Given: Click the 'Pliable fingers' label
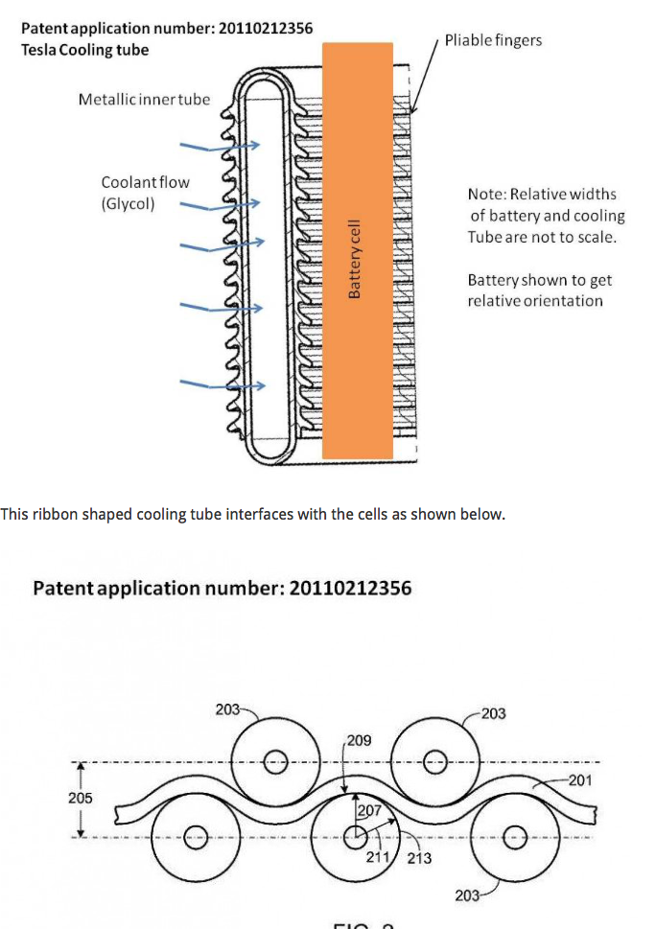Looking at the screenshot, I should pyautogui.click(x=493, y=39).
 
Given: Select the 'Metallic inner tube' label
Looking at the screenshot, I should pyautogui.click(x=144, y=99).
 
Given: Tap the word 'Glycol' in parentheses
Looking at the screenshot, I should pyautogui.click(x=129, y=203).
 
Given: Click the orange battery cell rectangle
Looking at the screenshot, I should pyautogui.click(x=357, y=250).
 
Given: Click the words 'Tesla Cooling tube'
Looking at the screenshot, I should pyautogui.click(x=84, y=49).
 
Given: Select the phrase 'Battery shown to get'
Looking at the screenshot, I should pyautogui.click(x=539, y=280).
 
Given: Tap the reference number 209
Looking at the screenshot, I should pyautogui.click(x=359, y=741).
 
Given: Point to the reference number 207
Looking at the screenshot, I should pyautogui.click(x=369, y=811).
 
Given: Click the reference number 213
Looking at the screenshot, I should pyautogui.click(x=419, y=858).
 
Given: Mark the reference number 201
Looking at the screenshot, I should pyautogui.click(x=580, y=780).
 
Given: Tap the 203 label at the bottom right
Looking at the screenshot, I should pyautogui.click(x=467, y=895).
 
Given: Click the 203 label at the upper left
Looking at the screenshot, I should pyautogui.click(x=228, y=709).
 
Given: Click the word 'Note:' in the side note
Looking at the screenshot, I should pyautogui.click(x=486, y=194).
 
